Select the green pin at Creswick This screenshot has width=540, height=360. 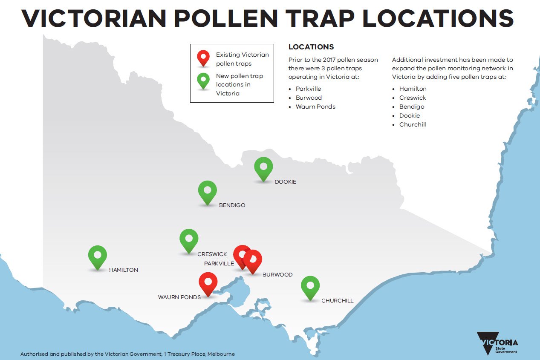point(189,239)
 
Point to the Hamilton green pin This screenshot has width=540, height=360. point(98,256)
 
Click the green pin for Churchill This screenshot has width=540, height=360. point(310,286)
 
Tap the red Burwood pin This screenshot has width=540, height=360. point(253,259)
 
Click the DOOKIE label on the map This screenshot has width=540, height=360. point(285,182)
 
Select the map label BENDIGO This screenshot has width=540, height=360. point(232,205)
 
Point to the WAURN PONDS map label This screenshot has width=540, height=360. point(179,297)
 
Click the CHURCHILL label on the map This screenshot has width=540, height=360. point(337,301)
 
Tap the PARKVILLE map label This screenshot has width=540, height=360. point(219,264)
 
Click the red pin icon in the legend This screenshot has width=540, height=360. point(203,58)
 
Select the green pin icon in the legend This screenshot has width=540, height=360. point(203,80)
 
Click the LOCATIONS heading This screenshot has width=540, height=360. point(311,47)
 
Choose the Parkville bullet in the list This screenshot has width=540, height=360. point(308,89)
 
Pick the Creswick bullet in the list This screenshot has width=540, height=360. point(412,98)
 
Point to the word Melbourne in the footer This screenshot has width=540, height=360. point(221,354)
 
